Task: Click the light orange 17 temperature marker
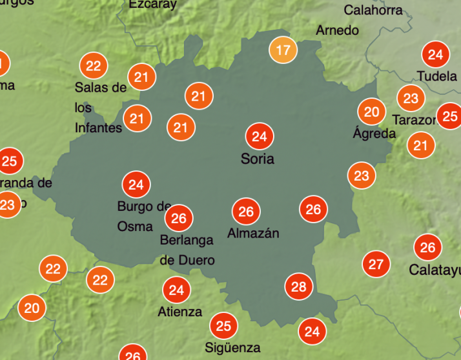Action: pos(283,50)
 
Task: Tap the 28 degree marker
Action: pos(298,286)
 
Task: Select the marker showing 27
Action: pos(376,264)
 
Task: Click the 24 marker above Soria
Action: pos(260,136)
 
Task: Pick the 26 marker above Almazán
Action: pos(246,212)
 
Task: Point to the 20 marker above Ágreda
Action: pos(371,112)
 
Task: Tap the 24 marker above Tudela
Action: pos(436,55)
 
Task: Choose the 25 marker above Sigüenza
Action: pos(223,326)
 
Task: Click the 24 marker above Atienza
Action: pos(176,290)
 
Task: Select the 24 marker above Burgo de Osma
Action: pos(136,185)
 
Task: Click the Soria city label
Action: pos(257,159)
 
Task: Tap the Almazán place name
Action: pos(253,233)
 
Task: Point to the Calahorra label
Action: pos(373,10)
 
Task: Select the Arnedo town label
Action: pos(337,30)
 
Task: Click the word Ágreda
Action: pos(374,134)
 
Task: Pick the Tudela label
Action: pos(437,76)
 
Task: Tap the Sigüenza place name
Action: pos(232,347)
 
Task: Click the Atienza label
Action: pos(179,312)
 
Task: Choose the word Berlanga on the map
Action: pos(187,240)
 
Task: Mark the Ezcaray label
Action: pos(152,5)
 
